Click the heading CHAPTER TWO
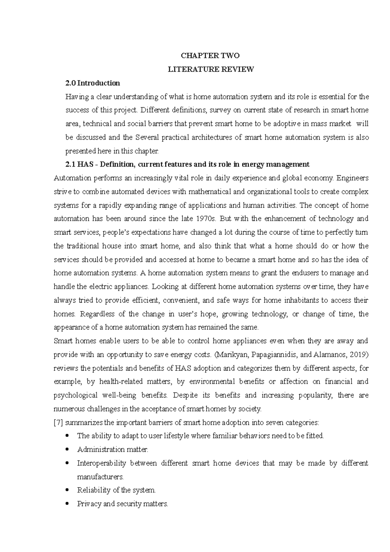coord(210,56)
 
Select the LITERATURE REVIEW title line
coord(210,69)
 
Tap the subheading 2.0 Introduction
coord(93,83)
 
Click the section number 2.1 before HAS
coord(70,164)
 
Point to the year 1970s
coord(207,219)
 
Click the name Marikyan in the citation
coord(231,355)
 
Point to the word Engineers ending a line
coord(353,178)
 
